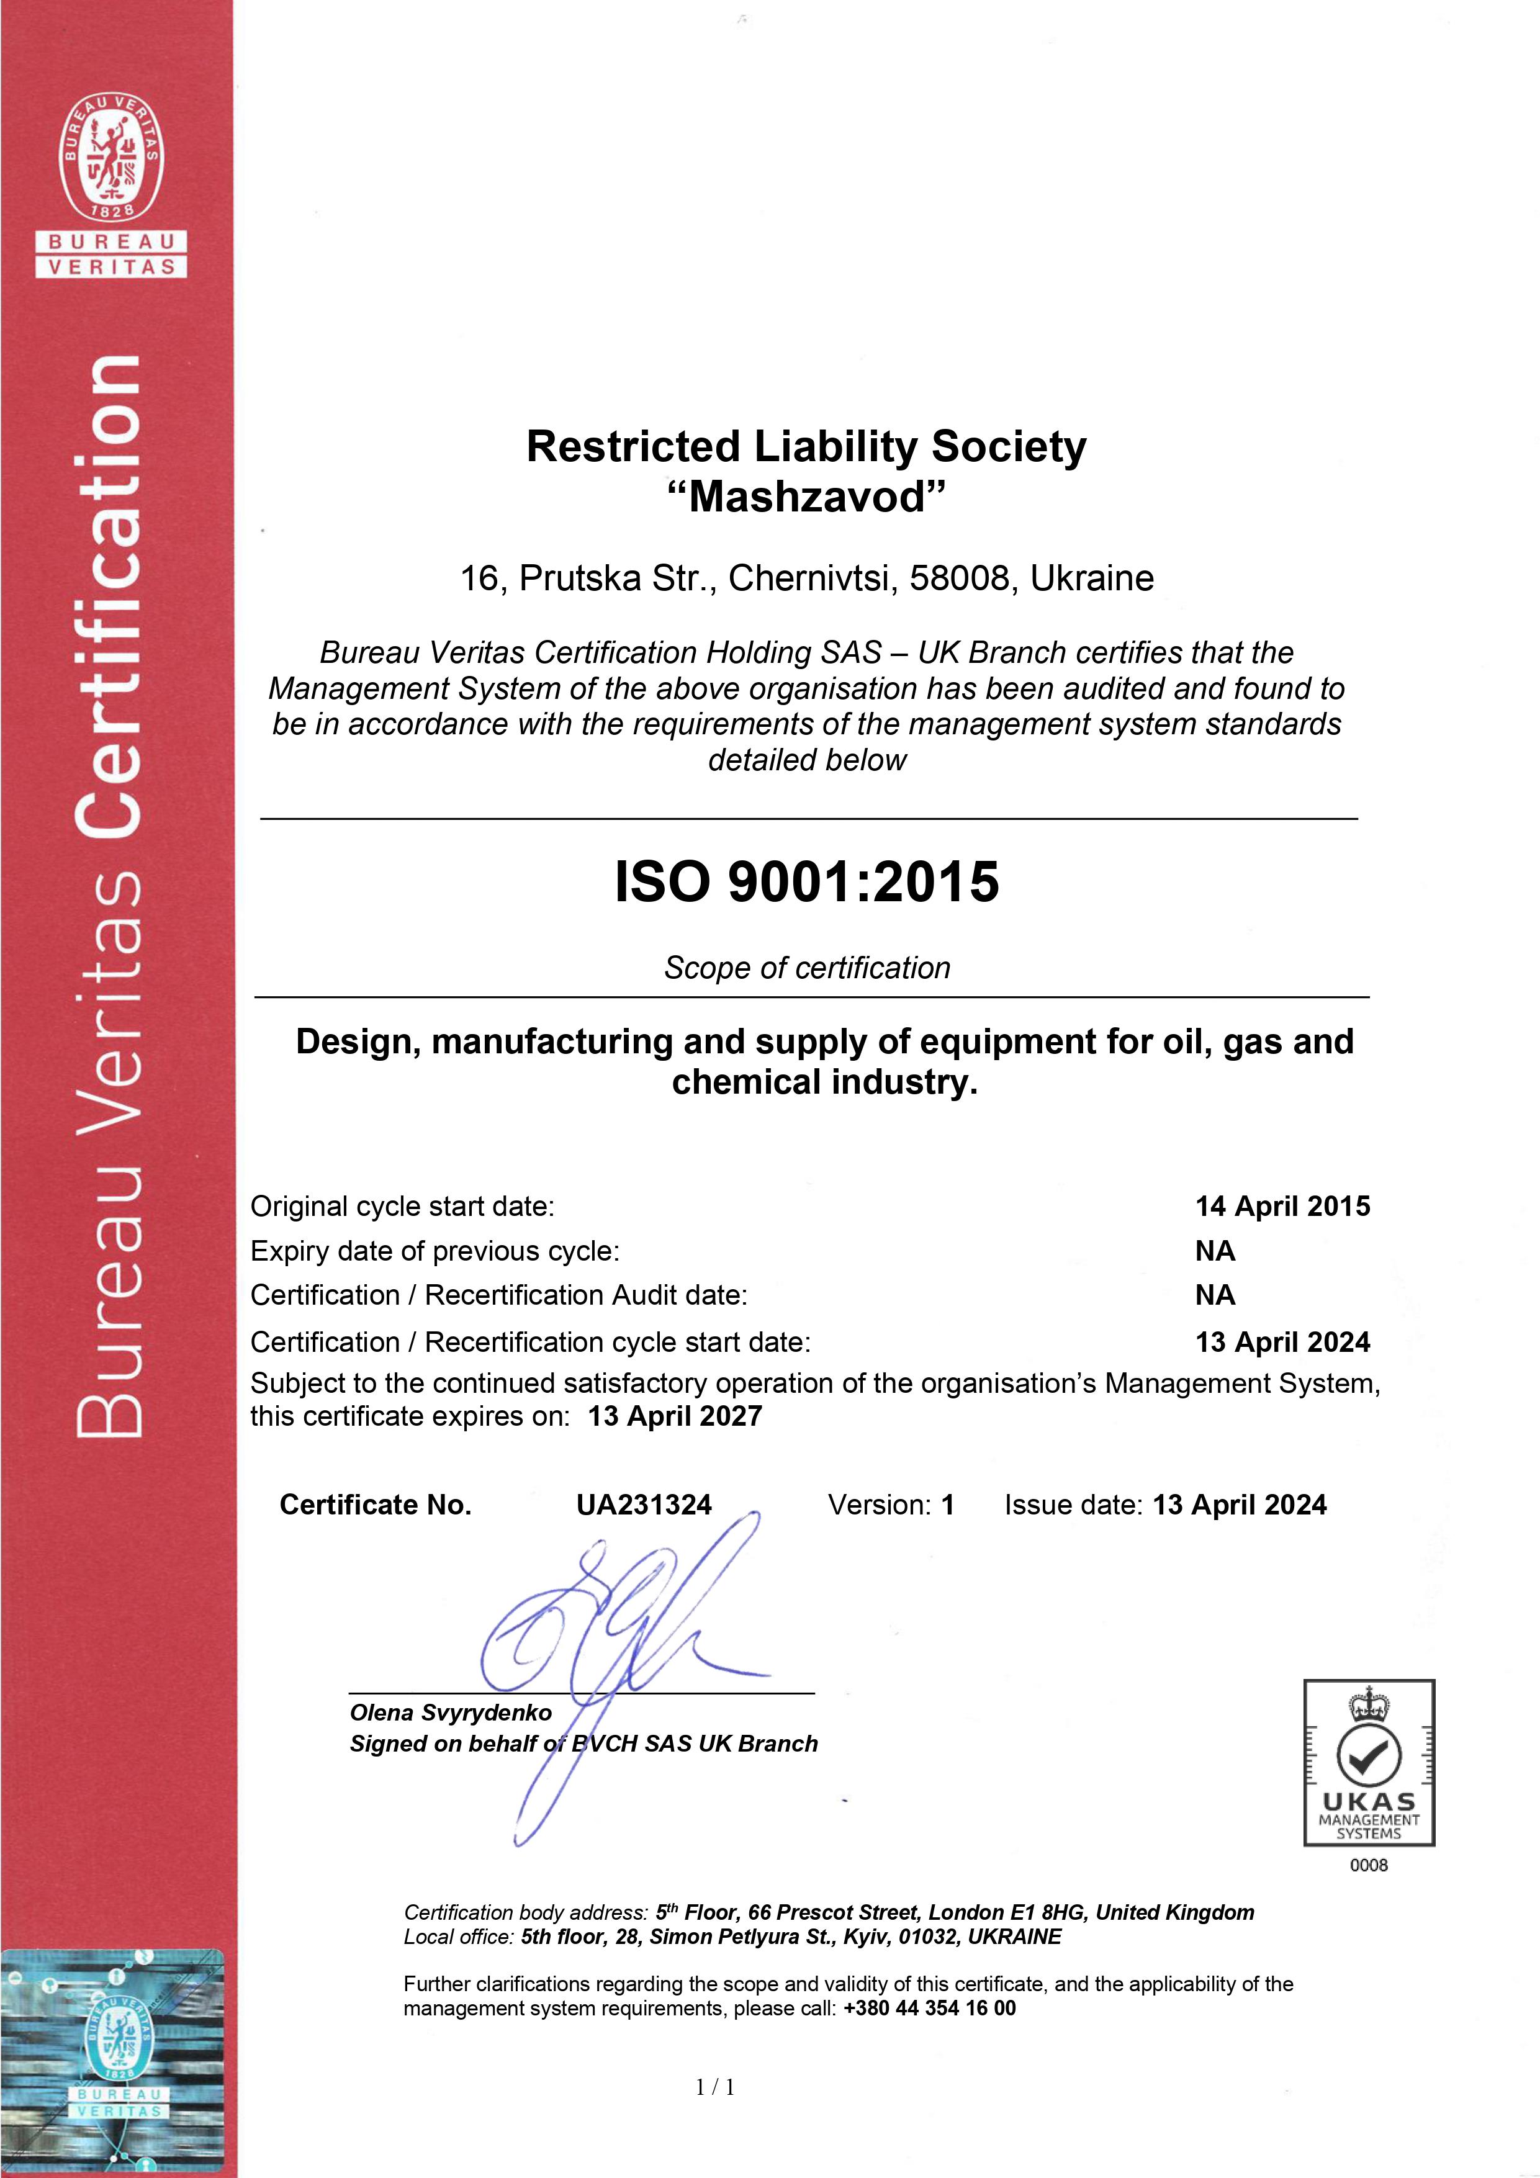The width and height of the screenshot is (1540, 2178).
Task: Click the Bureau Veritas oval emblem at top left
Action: click(112, 158)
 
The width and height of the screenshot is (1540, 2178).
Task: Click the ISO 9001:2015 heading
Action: click(806, 881)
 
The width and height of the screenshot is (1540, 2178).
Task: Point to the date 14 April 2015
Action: click(1282, 1207)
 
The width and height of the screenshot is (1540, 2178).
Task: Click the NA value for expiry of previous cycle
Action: click(1215, 1251)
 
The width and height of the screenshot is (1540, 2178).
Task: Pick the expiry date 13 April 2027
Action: click(675, 1416)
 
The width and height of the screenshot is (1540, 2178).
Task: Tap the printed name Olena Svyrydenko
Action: click(451, 1712)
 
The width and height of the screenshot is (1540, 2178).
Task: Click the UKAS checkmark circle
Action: click(1368, 1757)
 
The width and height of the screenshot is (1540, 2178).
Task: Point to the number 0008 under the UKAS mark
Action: click(1368, 1865)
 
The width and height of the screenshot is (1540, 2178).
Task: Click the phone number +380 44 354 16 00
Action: click(929, 2008)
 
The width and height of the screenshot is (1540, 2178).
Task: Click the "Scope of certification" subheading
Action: click(806, 968)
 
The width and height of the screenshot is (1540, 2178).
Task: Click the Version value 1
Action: click(947, 1505)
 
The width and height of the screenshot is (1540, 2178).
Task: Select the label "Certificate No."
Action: click(375, 1505)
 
